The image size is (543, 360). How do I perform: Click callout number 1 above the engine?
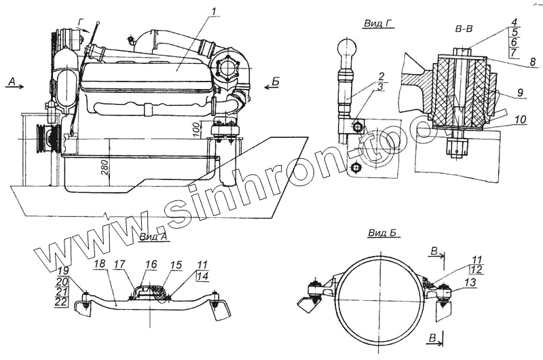[213, 12]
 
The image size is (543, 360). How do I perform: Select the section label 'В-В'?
[466, 30]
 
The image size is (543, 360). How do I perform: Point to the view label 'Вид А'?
[153, 236]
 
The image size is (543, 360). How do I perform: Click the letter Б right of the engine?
[275, 82]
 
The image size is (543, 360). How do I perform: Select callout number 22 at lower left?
[61, 302]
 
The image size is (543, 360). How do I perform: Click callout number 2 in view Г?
[383, 75]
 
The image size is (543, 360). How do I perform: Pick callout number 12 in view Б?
[475, 270]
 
